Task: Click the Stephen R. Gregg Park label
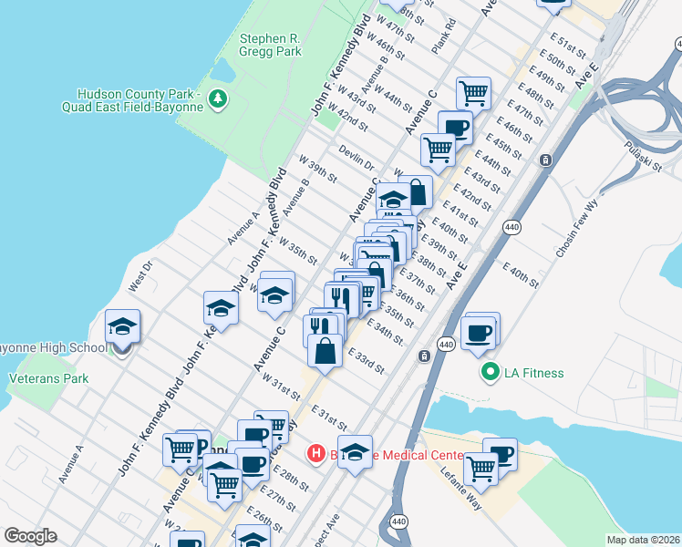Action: point(270,46)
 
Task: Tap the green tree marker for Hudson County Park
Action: point(217,97)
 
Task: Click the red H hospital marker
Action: point(316,452)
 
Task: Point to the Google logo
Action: point(30,536)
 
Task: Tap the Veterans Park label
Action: point(48,377)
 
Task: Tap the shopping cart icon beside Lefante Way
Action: point(480,467)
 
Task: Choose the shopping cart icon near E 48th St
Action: point(473,91)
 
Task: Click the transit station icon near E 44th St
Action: point(545,160)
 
